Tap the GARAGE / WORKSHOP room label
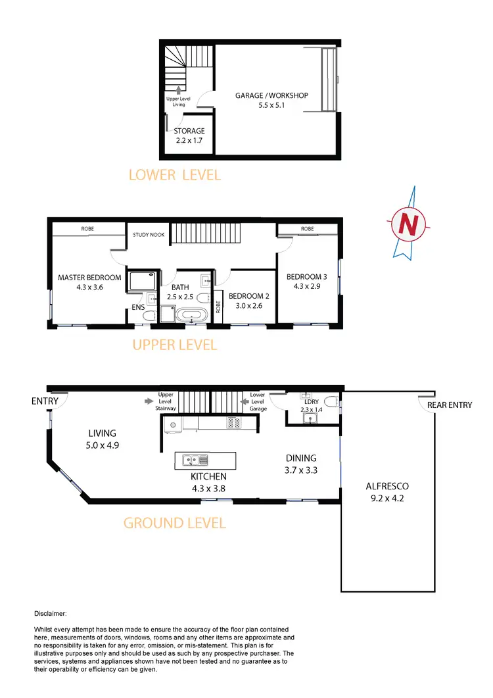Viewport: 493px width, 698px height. tap(271, 100)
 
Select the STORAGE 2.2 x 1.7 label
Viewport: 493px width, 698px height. tap(189, 136)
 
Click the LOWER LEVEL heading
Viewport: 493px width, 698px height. tap(174, 175)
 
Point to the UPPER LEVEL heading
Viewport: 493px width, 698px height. tap(174, 345)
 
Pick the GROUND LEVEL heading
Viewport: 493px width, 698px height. tap(175, 523)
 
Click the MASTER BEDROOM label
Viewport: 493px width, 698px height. tap(89, 282)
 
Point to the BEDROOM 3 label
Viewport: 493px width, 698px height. tap(307, 282)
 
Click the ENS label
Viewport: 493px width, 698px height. tap(138, 307)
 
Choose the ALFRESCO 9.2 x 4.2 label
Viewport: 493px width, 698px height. tap(387, 491)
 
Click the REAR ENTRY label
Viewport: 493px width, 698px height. tap(450, 405)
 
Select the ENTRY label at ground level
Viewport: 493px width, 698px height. tap(45, 401)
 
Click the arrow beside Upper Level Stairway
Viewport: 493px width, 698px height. tap(151, 399)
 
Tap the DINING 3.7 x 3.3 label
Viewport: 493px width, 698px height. tap(301, 463)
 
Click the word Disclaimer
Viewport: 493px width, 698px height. tap(49, 613)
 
